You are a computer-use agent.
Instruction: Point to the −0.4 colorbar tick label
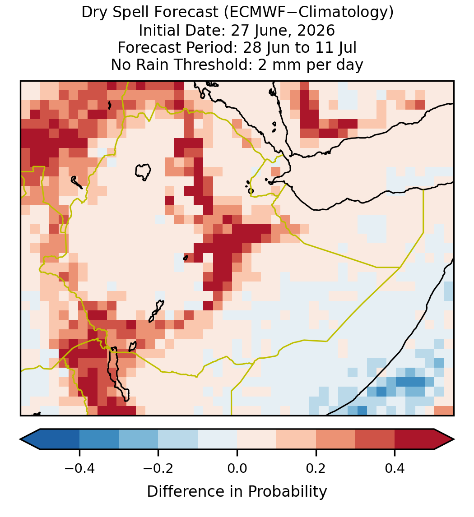pos(79,468)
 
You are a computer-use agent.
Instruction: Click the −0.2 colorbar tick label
pos(158,468)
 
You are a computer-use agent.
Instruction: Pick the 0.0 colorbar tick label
pos(237,468)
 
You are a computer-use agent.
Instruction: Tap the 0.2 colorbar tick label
pos(316,468)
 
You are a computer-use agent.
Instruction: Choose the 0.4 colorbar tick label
pos(395,468)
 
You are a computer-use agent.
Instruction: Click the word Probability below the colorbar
pos(287,492)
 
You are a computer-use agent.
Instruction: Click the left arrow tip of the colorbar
pos(20,439)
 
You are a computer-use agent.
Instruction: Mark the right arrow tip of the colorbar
pos(454,439)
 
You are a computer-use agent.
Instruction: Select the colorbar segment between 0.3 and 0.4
pos(375,439)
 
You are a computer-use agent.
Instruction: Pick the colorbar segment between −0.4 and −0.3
pos(99,439)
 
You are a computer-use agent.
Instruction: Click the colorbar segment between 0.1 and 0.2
pos(296,439)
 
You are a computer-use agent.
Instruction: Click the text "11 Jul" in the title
pos(339,48)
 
